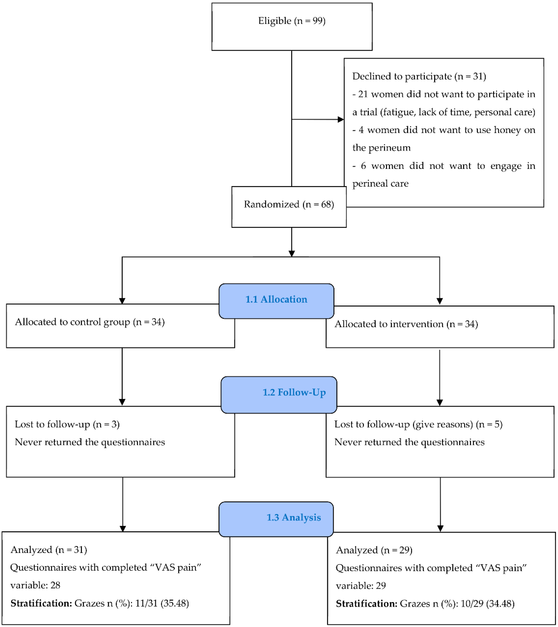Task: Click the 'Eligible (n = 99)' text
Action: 292,21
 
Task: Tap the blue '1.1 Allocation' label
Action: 276,299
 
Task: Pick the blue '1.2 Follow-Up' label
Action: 294,392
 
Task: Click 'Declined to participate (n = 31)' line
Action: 419,76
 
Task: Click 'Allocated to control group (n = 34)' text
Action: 90,322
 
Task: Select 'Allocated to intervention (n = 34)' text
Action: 406,324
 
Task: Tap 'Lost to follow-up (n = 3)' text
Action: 67,424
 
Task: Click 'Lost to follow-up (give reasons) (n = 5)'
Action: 418,424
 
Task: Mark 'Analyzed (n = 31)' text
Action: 49,549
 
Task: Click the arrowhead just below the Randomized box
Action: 292,254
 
